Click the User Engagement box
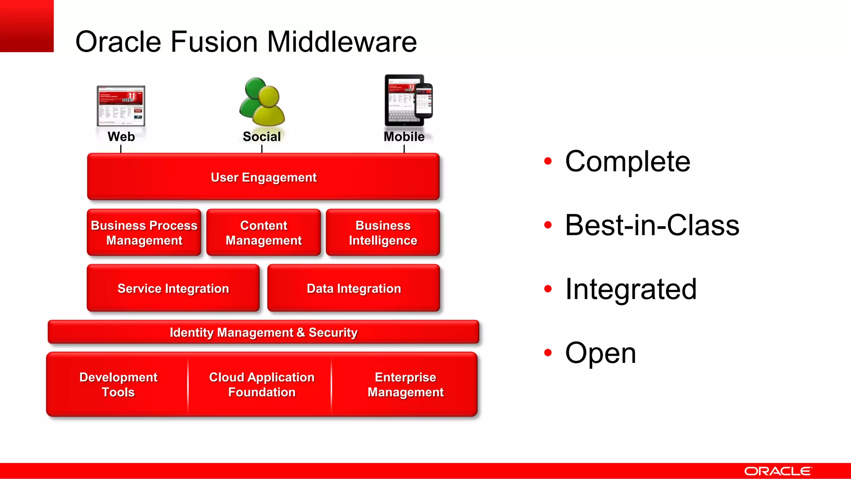pos(263,177)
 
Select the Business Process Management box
pos(144,232)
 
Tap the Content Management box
pos(263,232)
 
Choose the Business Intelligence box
pos(383,232)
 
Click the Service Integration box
pos(173,288)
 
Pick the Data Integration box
pos(354,288)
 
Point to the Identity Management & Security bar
pos(263,332)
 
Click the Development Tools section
pos(118,384)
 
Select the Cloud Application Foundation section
pos(261,384)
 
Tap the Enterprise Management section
pos(405,384)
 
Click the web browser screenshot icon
pos(121,106)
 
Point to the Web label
pos(121,136)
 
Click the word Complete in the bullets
pos(627,161)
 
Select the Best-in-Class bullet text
pos(652,225)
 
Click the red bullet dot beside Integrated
pos(548,289)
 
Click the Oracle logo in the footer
pos(777,471)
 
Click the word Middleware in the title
pos(342,42)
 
